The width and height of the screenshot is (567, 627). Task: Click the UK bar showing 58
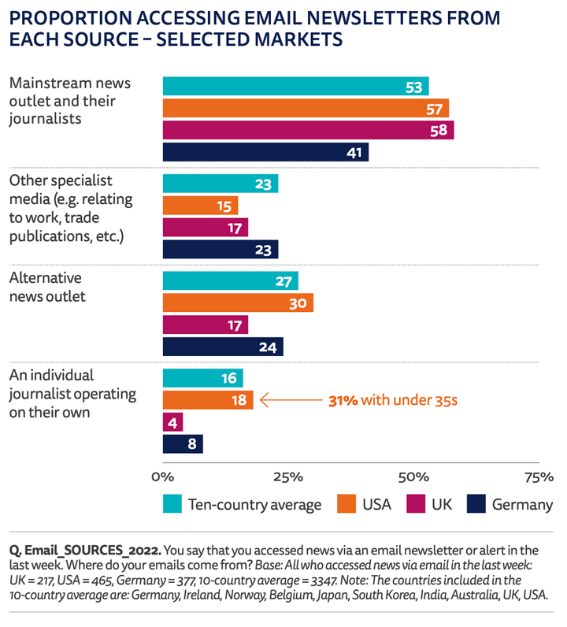click(308, 130)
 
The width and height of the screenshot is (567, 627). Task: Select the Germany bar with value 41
click(265, 152)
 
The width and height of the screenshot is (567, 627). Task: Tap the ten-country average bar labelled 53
click(296, 87)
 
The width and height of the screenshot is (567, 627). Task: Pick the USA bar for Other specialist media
click(200, 206)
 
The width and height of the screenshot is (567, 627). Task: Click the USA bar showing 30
click(238, 302)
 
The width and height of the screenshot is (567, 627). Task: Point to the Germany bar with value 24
click(223, 347)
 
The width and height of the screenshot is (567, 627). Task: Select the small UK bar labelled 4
click(172, 422)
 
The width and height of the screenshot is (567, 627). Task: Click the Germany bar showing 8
click(183, 443)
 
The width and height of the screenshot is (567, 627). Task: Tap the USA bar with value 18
click(208, 400)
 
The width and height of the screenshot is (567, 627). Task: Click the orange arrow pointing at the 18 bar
click(291, 400)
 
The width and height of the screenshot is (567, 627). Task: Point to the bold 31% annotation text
click(343, 401)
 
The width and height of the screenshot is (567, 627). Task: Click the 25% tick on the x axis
click(288, 477)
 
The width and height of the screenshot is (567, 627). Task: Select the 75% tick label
click(539, 477)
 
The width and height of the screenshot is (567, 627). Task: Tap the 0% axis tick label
click(163, 477)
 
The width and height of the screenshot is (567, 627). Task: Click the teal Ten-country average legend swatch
click(172, 504)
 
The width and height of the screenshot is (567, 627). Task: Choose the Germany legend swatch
click(476, 504)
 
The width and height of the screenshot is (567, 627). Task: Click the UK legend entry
click(429, 504)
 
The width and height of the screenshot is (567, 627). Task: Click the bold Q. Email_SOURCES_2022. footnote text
click(85, 551)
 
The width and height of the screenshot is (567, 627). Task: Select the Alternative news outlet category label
click(47, 287)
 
